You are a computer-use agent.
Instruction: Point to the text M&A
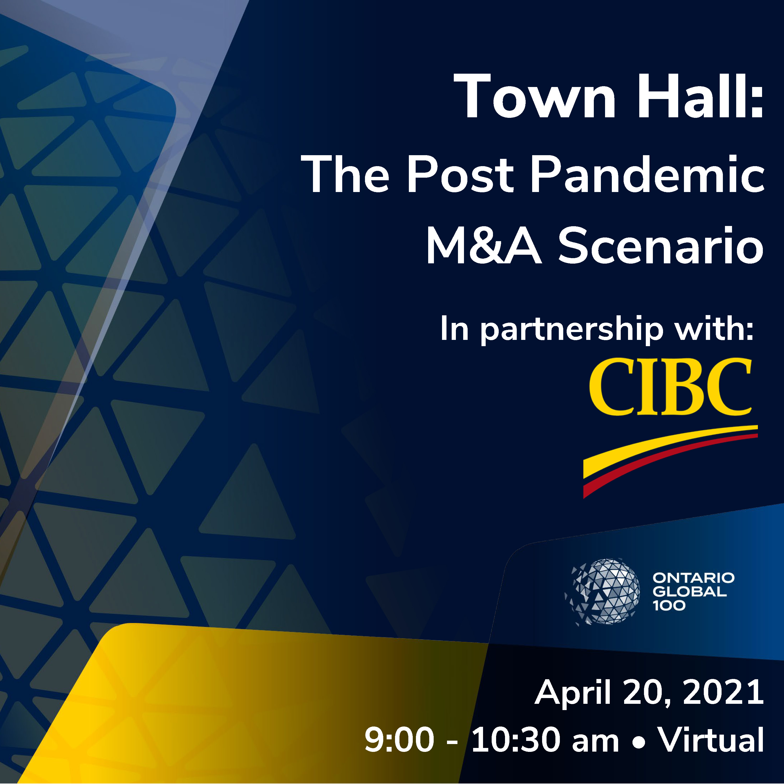point(484,246)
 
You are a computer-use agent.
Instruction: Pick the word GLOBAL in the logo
point(689,592)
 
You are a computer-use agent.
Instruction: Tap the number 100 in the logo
point(669,606)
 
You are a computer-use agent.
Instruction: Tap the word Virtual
point(711,739)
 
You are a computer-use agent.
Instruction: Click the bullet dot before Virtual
point(639,742)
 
